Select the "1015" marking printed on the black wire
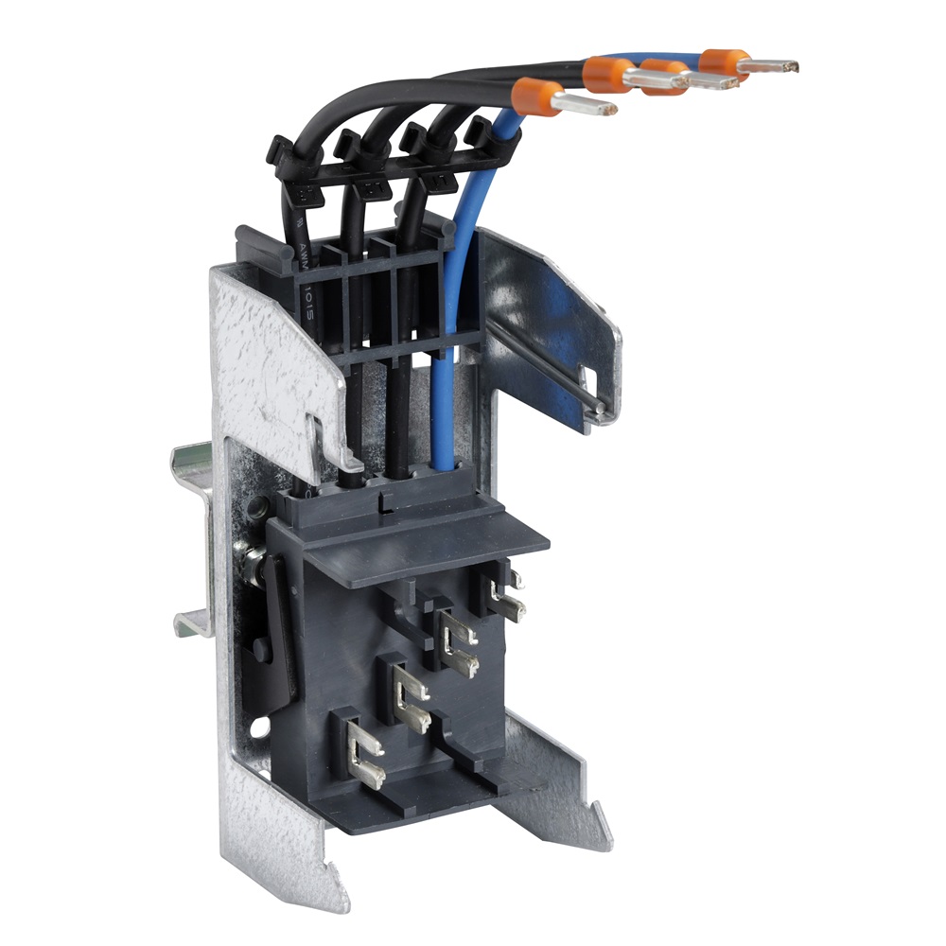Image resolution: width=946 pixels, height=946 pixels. pyautogui.click(x=308, y=304)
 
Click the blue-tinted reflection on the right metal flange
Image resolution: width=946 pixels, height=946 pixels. pyautogui.click(x=530, y=312)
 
